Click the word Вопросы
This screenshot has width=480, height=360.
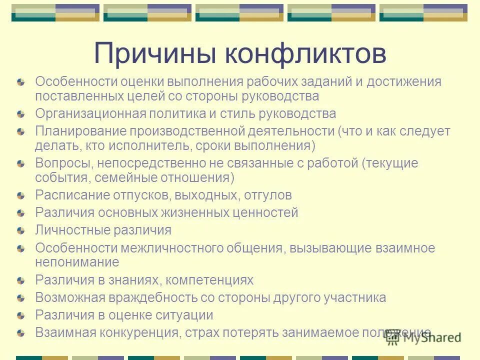click(64, 163)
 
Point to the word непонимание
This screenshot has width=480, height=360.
click(77, 261)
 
